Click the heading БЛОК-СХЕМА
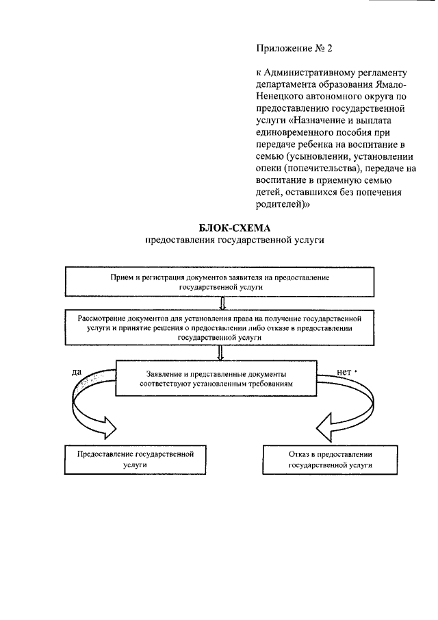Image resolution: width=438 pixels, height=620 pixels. coord(219,228)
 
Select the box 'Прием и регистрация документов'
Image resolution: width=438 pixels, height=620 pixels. coord(220,282)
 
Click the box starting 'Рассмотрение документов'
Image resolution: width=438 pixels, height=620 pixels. coord(219,328)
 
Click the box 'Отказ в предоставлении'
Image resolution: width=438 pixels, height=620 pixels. coord(331,458)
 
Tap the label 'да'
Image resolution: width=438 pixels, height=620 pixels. coord(77,372)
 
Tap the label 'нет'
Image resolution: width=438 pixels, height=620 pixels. coord(344,372)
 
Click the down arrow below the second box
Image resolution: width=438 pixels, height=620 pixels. coord(220,354)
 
